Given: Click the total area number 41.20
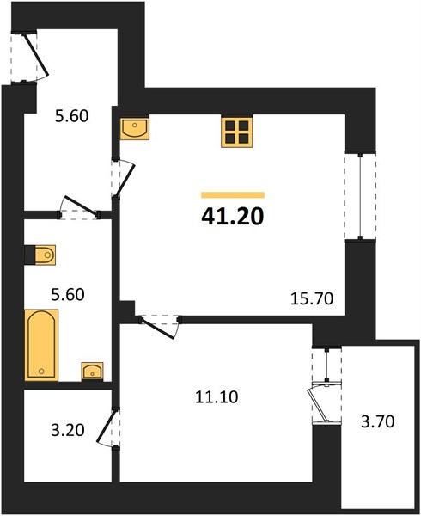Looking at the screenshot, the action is pos(232,216).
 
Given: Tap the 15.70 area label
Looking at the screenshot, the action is pos(312,298).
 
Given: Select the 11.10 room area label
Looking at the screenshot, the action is pos(217,396).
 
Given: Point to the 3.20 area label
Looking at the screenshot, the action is pos(68,430).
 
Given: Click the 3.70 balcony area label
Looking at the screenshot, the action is pos(378,421).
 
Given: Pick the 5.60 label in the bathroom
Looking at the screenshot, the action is pos(68,294).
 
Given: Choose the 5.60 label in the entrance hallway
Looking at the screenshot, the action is pos(71,116).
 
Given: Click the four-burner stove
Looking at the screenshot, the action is pos(236,132).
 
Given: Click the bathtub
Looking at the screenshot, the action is pos(41,345).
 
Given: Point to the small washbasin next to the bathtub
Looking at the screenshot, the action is pos(92,372).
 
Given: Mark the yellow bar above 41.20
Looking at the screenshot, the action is pos(233,195).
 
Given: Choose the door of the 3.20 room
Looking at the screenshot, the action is pos(107,427).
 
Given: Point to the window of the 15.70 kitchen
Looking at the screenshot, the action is pos(360,196).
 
